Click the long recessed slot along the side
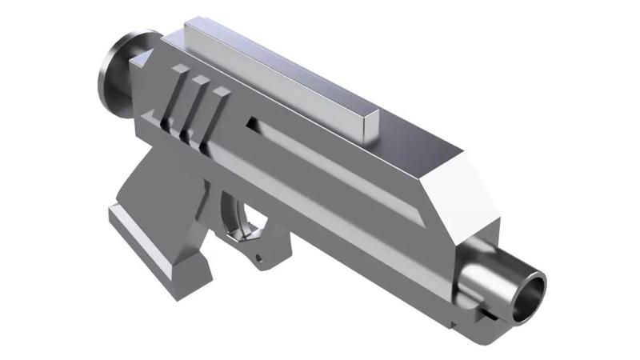(x=336, y=168)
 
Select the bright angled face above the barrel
(x=456, y=192)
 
